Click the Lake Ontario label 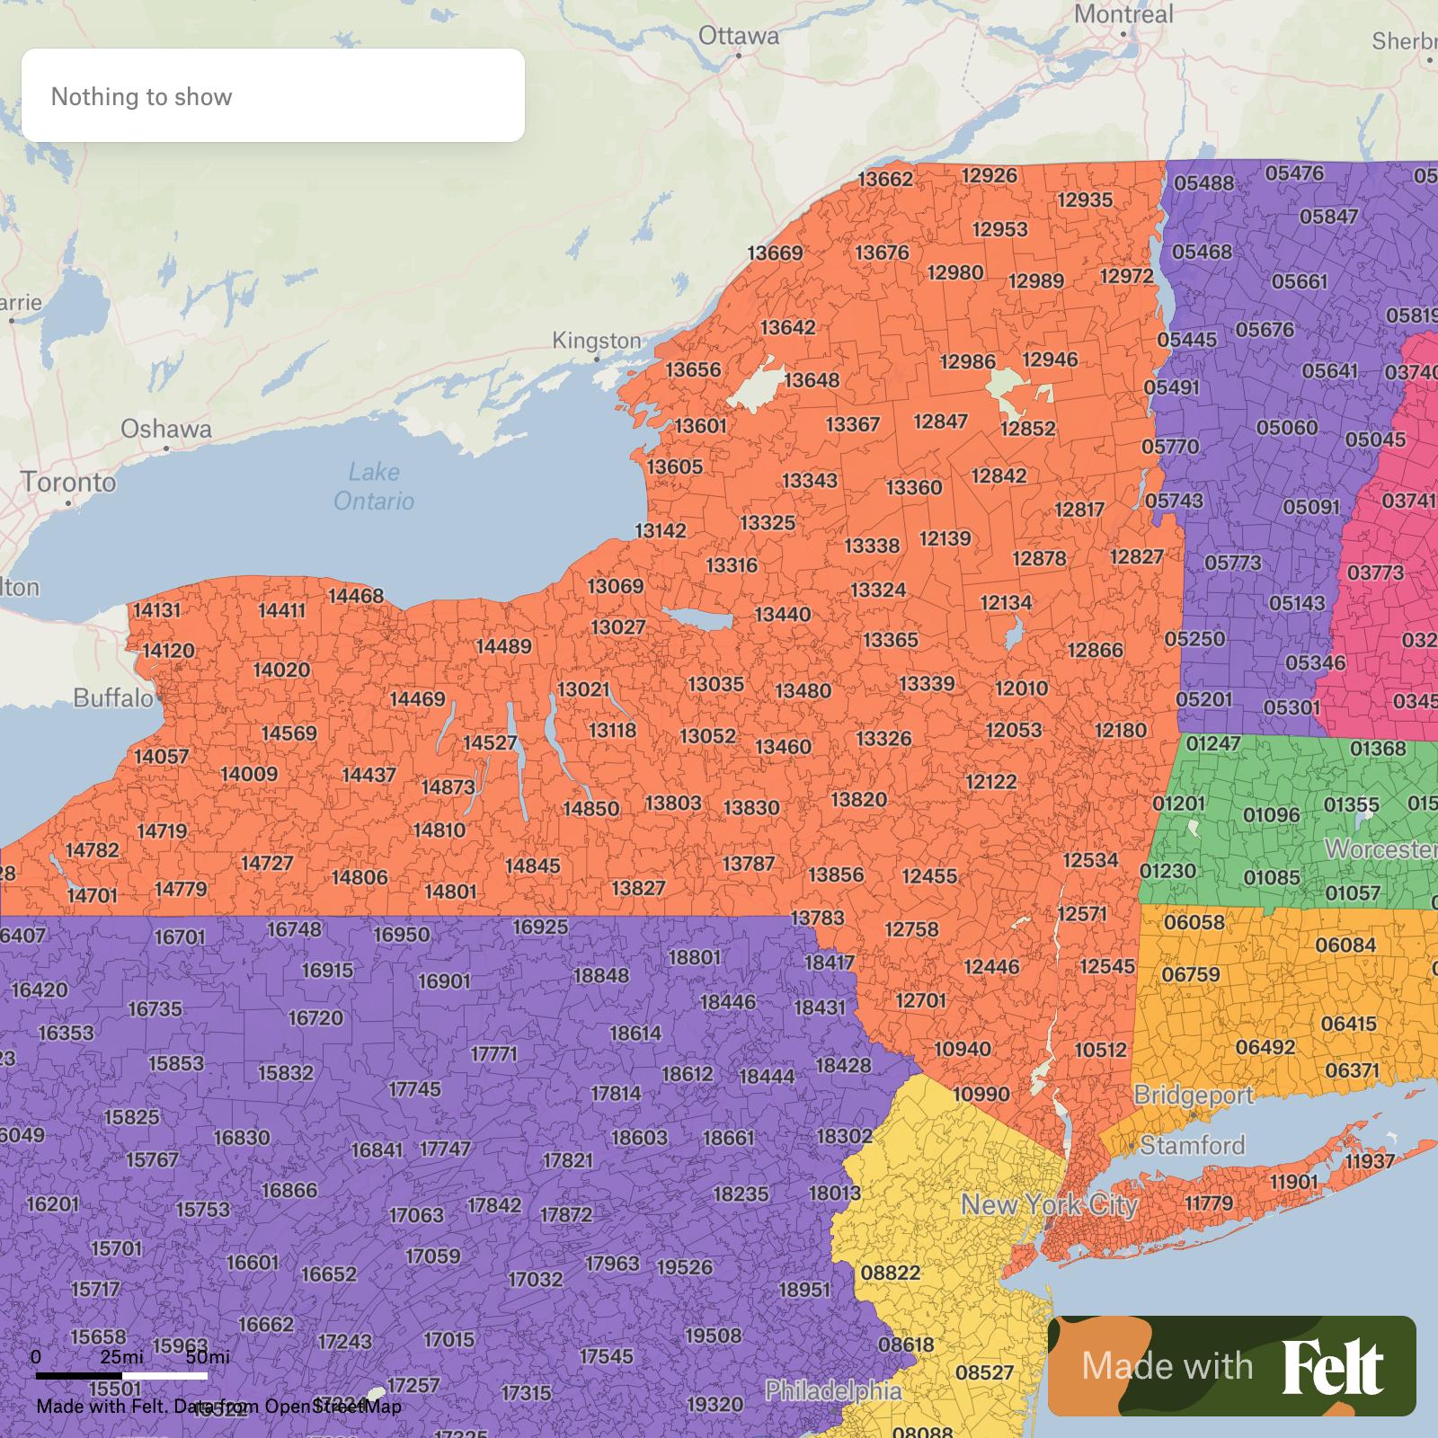374,486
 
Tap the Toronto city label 69,483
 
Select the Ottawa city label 739,36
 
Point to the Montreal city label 1123,14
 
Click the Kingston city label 597,341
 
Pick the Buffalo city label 113,698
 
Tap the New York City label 1050,1205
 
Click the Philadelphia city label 833,1391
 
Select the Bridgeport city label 1194,1095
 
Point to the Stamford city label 1193,1145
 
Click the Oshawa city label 166,429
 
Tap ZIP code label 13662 885,179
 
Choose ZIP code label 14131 156,610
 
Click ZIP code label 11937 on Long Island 1370,1161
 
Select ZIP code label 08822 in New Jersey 890,1273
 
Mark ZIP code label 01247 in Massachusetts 1212,744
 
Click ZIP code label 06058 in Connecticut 1194,922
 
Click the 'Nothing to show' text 142,97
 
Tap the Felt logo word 1332,1367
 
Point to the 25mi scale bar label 121,1356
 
